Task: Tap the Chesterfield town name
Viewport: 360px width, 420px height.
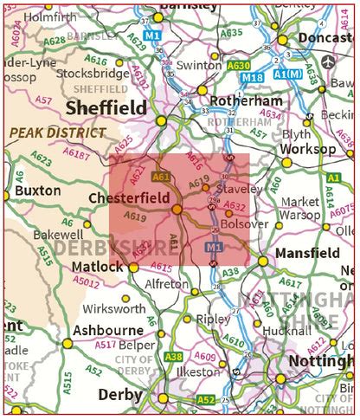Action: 130,197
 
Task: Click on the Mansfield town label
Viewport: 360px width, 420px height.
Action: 307,253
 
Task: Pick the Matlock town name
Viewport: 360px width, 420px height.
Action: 97,266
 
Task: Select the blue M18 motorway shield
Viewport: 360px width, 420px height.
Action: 253,77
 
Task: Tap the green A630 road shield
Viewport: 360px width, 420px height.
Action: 239,65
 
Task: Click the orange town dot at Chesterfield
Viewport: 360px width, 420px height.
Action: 177,209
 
